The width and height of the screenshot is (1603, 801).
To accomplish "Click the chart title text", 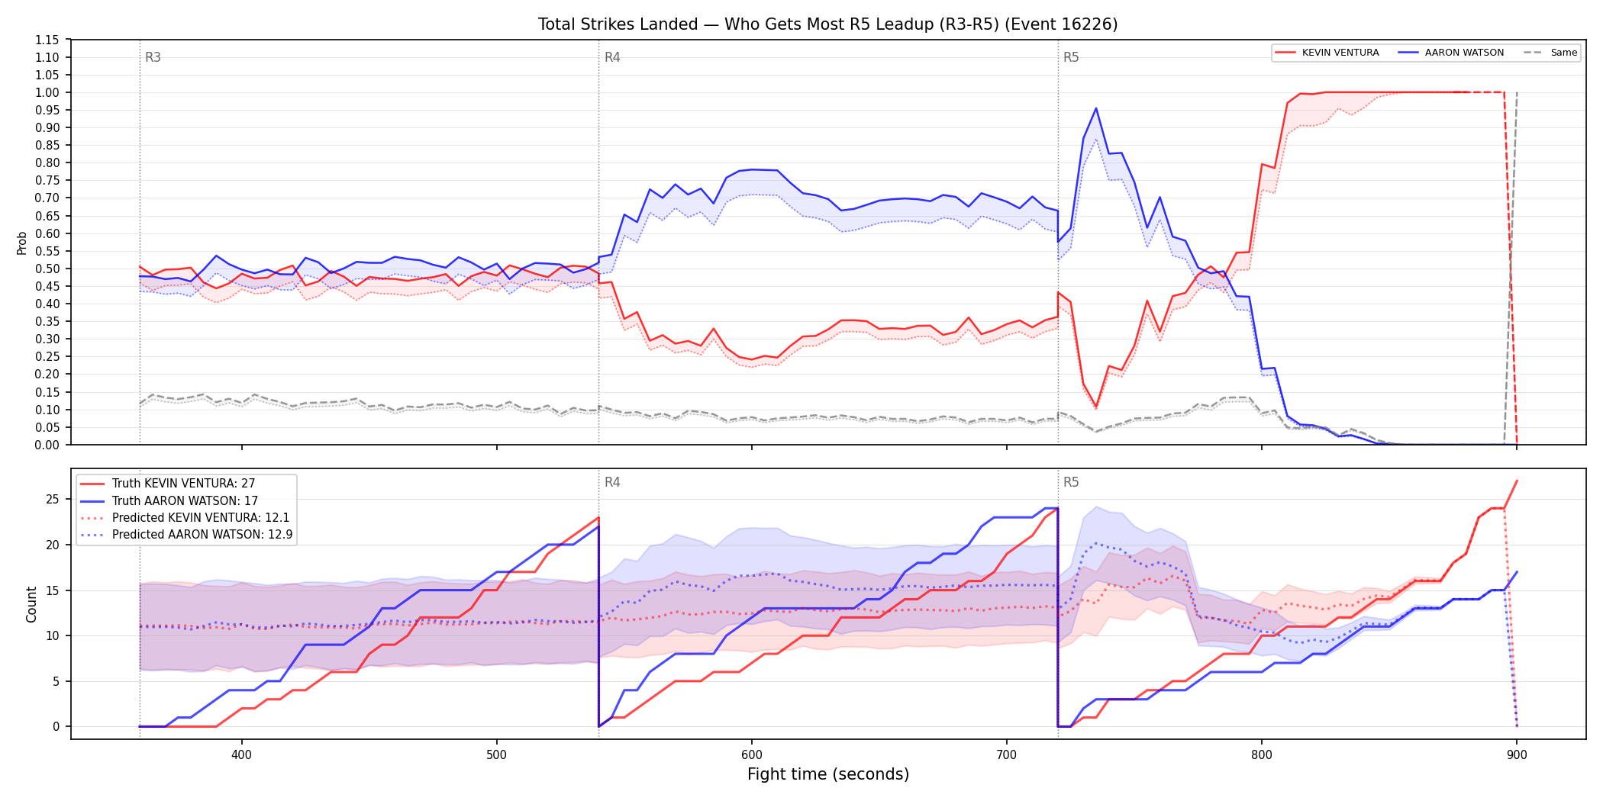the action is click(x=827, y=24).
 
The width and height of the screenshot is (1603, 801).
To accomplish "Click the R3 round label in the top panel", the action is click(x=153, y=57).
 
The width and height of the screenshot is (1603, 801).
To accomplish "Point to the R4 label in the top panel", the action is click(x=612, y=57).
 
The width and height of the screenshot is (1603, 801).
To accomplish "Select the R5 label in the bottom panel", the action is click(x=1071, y=482).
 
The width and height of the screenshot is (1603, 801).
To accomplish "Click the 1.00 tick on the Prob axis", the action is click(x=47, y=92).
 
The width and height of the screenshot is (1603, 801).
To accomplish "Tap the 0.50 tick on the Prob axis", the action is click(x=47, y=269).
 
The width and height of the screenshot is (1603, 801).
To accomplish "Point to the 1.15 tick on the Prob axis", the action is click(x=47, y=40).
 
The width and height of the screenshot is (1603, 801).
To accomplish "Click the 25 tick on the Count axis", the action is click(x=52, y=500).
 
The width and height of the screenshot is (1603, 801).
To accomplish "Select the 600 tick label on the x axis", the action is click(x=751, y=755).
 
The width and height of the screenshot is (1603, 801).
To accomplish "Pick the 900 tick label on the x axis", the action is click(x=1517, y=755).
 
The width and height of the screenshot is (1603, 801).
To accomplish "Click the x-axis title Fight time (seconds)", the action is click(x=828, y=774).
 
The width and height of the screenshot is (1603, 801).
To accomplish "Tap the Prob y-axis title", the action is click(x=22, y=243).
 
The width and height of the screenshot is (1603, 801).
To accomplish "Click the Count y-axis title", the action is click(x=31, y=604).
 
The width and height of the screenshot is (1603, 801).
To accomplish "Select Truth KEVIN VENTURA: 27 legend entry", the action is click(x=183, y=484).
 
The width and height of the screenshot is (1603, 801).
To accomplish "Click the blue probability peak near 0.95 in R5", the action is click(x=1096, y=108).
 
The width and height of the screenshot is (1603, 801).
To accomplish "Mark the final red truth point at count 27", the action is click(x=1517, y=481).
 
